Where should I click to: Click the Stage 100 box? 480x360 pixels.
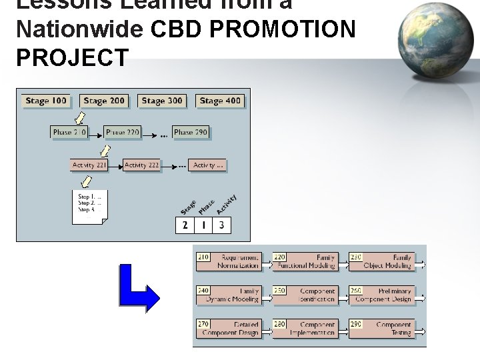[46, 101]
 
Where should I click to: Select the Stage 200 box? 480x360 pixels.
[104, 101]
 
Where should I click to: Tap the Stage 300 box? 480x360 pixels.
[162, 101]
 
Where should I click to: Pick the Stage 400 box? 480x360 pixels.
[220, 101]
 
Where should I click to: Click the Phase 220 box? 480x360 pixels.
[123, 133]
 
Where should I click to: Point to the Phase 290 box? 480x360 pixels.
[191, 133]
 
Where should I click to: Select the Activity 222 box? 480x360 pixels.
[142, 165]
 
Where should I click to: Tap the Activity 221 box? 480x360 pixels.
[89, 165]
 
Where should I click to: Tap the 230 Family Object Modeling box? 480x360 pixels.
[381, 261]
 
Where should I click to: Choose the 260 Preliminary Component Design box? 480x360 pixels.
[381, 295]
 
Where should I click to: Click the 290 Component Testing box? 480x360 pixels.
[381, 329]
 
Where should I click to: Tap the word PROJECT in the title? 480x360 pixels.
[71, 58]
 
